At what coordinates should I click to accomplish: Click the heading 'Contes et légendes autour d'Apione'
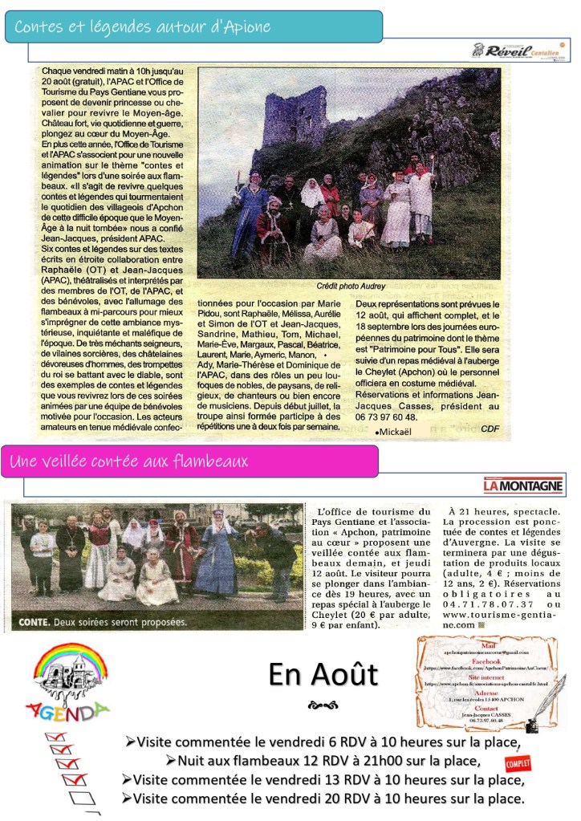coord(142,26)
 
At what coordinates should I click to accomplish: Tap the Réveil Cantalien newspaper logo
coord(521,50)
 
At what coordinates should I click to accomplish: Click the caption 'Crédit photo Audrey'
coord(351,286)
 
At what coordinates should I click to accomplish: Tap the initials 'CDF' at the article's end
coord(490,428)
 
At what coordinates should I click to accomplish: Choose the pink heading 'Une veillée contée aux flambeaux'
coord(129,461)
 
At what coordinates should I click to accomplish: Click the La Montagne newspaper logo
coord(523,486)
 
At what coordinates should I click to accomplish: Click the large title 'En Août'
coord(323,674)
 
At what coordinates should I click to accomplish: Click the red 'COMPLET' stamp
coord(518,762)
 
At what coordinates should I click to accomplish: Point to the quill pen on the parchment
coord(545,701)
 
